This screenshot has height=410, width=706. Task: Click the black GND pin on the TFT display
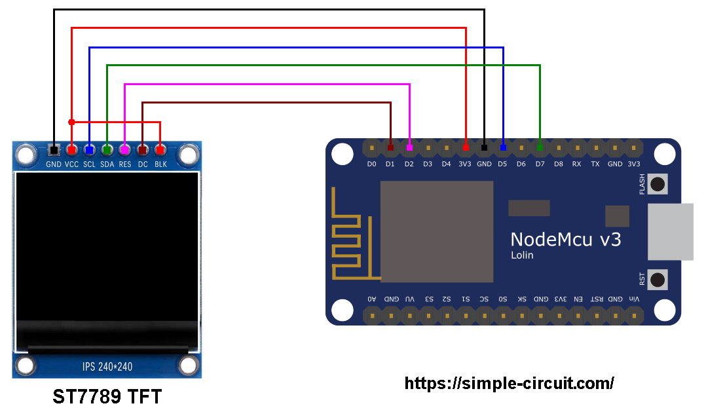click(54, 150)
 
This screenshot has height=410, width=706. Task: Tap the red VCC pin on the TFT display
click(71, 150)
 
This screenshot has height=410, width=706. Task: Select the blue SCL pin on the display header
click(89, 150)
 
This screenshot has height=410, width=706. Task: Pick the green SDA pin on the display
click(107, 150)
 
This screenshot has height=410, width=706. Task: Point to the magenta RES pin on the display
click(124, 150)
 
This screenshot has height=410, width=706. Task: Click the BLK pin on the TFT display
click(160, 150)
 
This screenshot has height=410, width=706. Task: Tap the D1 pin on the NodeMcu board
click(390, 148)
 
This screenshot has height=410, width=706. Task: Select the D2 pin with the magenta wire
click(409, 148)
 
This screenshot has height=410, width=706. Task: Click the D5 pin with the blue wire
click(503, 148)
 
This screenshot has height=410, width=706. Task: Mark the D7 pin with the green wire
click(540, 148)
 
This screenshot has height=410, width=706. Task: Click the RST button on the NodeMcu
click(657, 280)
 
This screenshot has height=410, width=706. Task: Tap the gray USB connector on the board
click(671, 231)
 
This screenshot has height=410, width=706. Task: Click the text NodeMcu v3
click(565, 239)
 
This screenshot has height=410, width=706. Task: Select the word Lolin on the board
click(522, 255)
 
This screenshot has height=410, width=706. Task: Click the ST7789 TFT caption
click(107, 397)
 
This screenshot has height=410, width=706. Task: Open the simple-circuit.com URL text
click(509, 383)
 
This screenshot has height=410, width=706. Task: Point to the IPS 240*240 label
click(107, 366)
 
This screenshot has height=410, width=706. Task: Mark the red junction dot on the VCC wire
click(71, 122)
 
